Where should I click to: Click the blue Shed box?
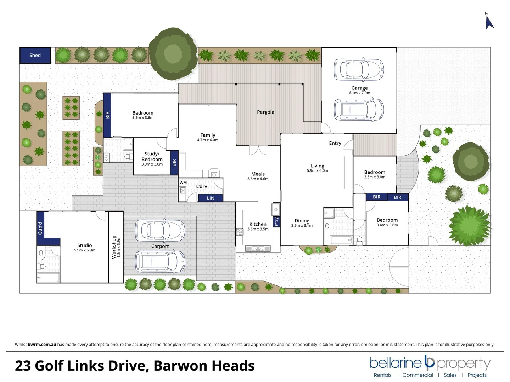(35, 55)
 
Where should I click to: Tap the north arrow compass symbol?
(489, 22)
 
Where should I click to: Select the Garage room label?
(359, 88)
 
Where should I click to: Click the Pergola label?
(265, 112)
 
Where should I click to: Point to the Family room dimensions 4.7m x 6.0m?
(208, 140)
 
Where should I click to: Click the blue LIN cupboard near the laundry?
(211, 198)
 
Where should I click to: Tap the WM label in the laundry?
(183, 183)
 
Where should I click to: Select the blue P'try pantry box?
(276, 221)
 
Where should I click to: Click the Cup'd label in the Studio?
(40, 228)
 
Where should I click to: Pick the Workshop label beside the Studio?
(114, 247)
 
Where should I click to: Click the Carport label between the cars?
(160, 246)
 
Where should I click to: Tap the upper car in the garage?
(358, 69)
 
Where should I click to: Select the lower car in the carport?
(160, 262)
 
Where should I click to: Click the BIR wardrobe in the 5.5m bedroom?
(107, 115)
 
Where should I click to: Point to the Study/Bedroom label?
(152, 156)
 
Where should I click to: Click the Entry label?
(335, 143)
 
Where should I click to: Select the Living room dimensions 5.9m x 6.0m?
(317, 170)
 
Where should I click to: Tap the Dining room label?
(302, 220)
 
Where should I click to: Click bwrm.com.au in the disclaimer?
(42, 344)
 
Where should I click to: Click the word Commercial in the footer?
(417, 375)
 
